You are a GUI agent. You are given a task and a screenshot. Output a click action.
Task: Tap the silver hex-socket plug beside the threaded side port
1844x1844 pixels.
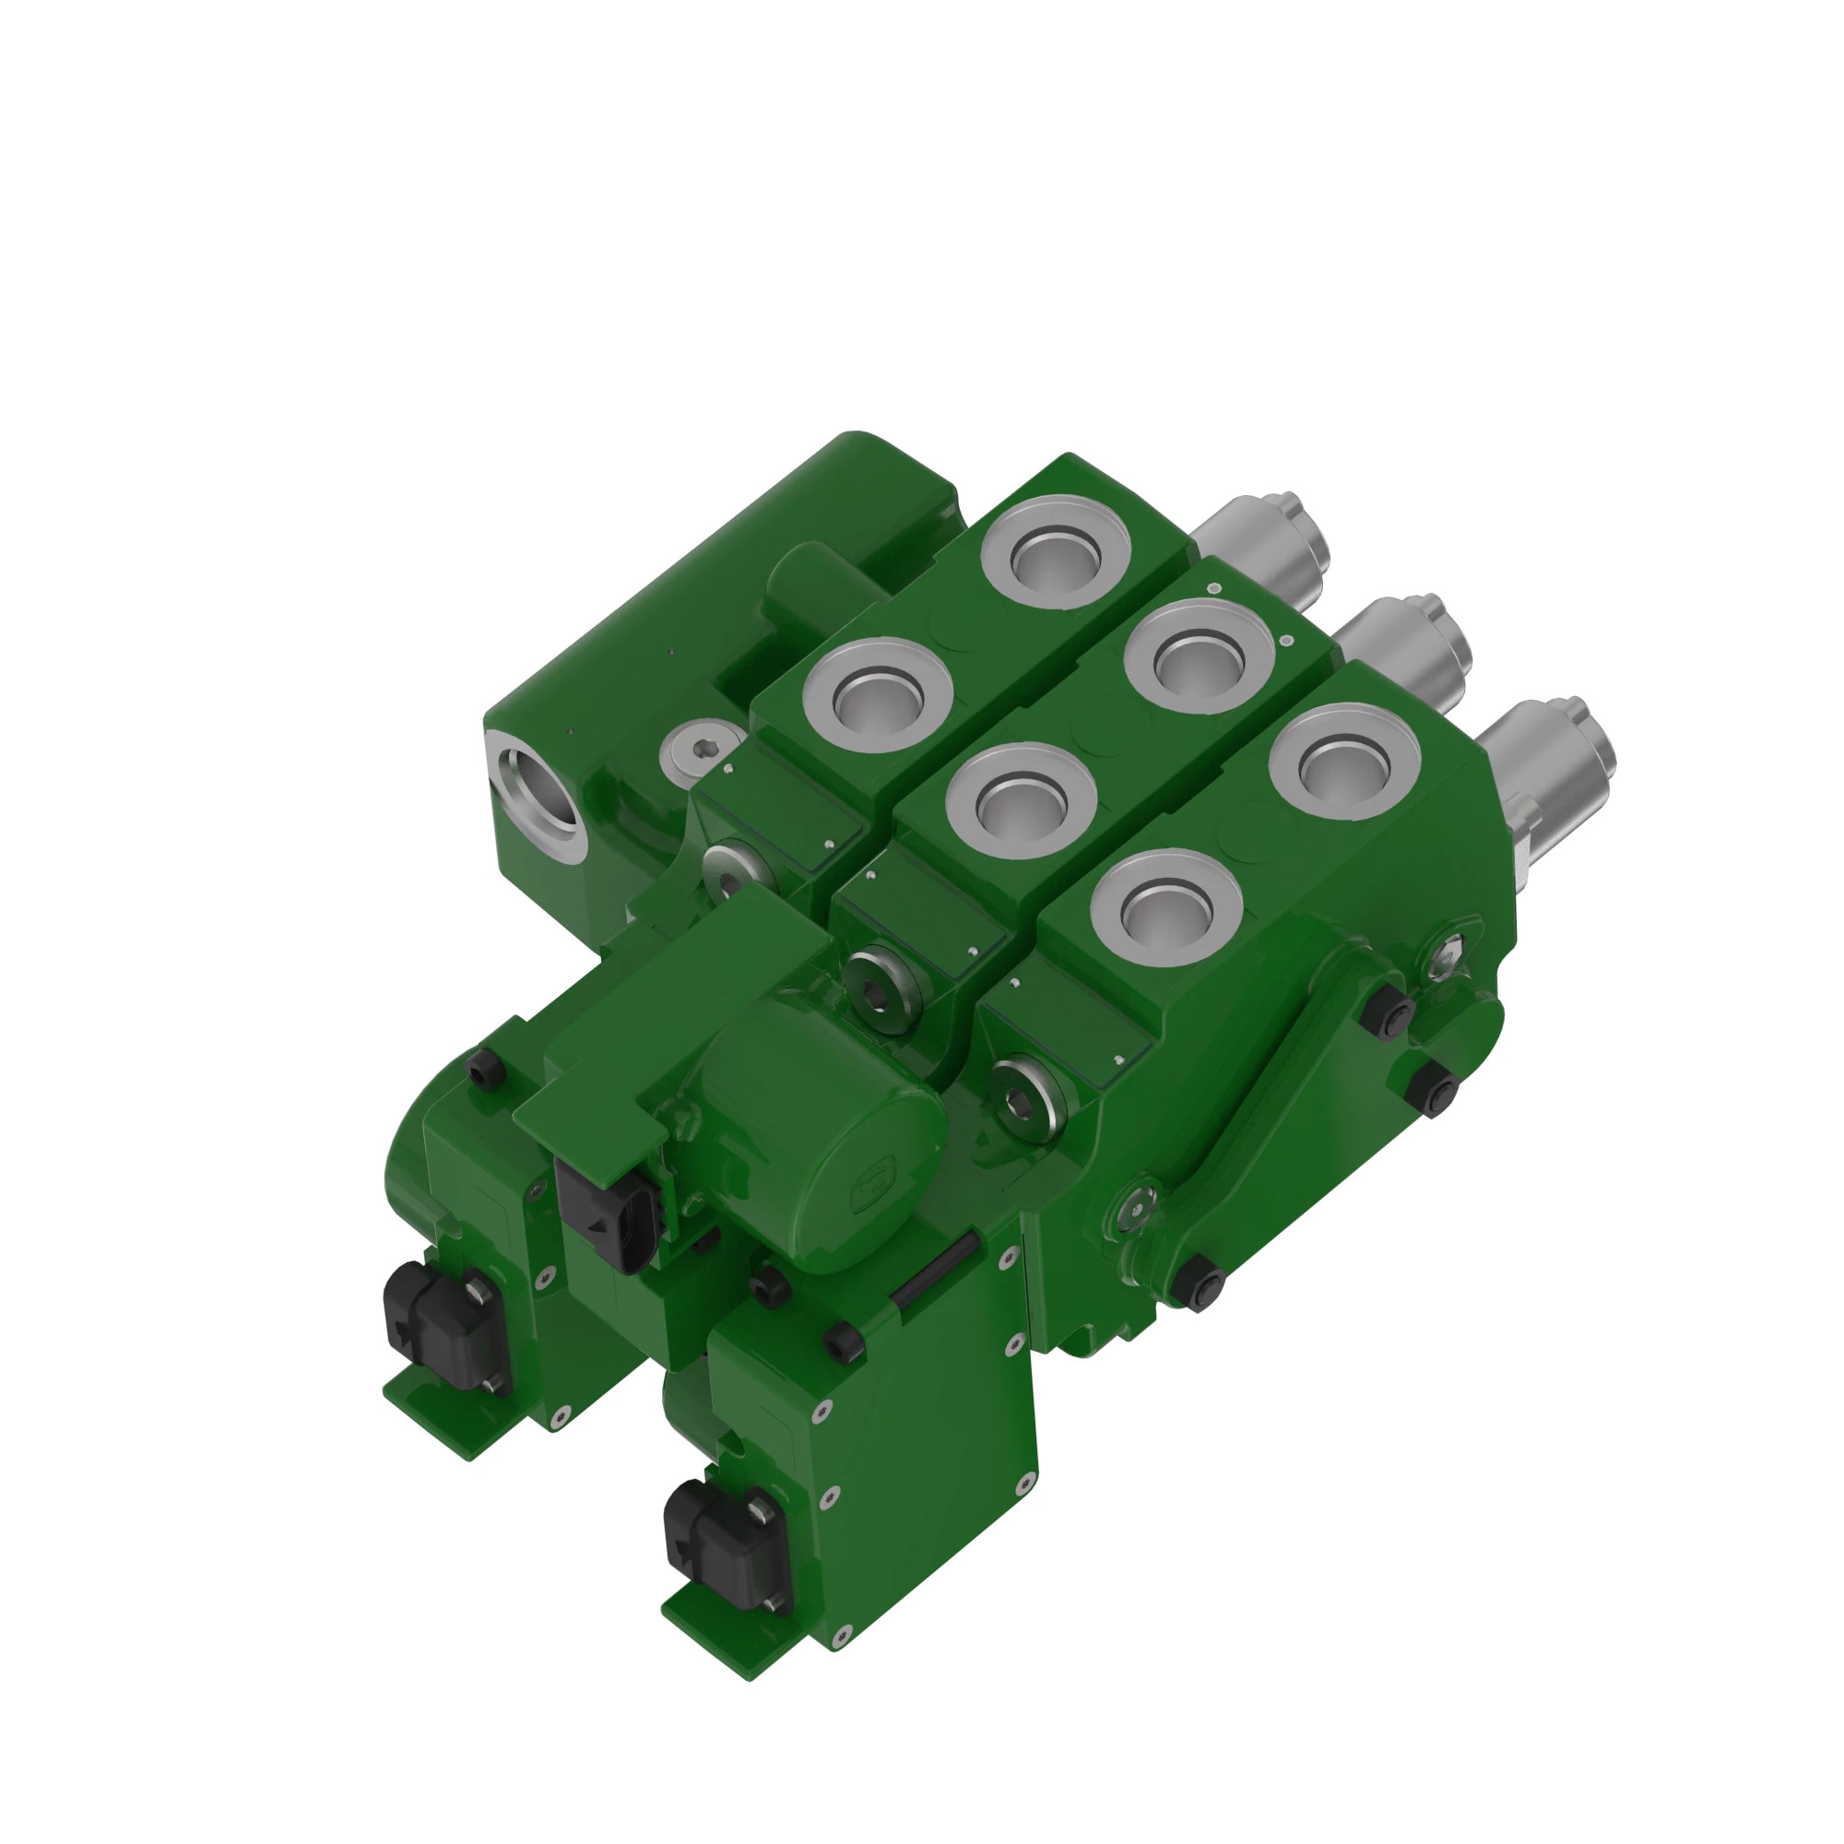(702, 751)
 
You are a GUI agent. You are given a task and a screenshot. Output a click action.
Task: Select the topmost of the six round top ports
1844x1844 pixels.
(1057, 552)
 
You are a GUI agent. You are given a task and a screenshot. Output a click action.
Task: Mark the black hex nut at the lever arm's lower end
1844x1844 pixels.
(1200, 1283)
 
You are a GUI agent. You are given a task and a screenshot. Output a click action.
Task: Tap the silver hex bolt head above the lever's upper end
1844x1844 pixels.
(1448, 952)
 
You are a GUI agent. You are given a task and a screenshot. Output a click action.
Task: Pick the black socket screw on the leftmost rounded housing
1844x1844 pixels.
(485, 1070)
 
